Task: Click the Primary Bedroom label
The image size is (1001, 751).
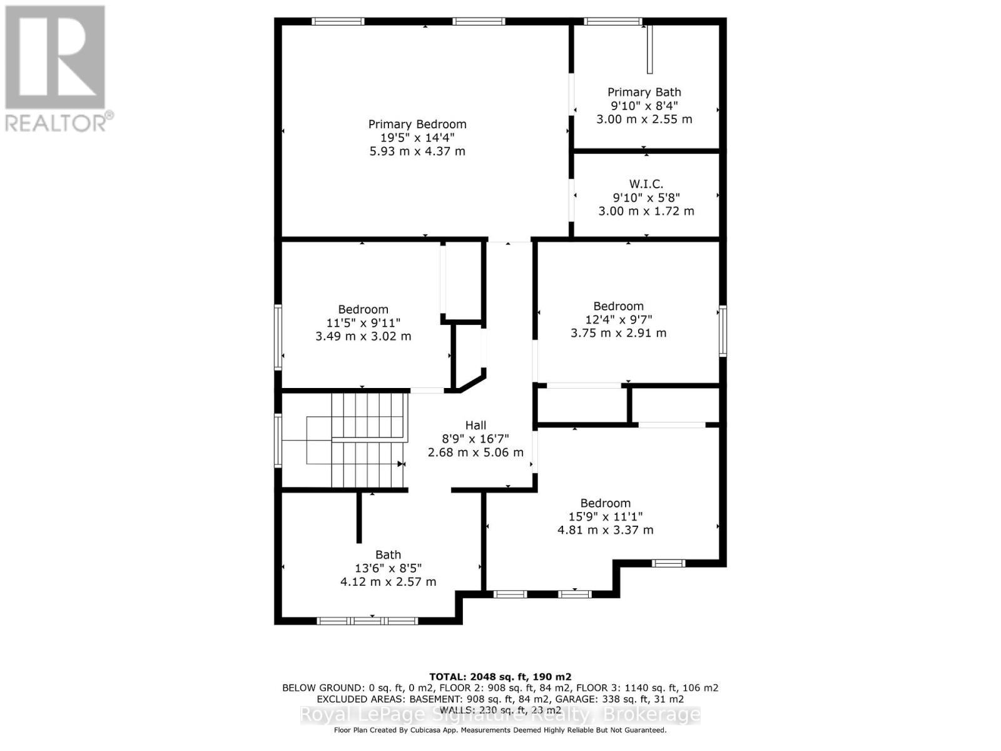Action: coord(417,124)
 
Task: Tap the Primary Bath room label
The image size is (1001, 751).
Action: coord(644,92)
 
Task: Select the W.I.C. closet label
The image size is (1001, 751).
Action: coord(646,183)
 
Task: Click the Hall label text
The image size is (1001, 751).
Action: coord(475,426)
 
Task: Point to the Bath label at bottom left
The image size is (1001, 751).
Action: coord(388,554)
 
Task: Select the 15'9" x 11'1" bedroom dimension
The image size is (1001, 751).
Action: coord(605,516)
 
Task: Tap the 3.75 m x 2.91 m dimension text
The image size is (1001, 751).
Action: coord(618,333)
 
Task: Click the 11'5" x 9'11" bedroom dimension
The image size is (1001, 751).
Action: coord(363,322)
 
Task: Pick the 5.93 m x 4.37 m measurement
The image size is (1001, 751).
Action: coord(417,151)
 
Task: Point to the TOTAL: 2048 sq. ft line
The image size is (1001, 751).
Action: coord(500,677)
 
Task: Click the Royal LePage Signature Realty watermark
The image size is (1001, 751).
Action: coord(500,715)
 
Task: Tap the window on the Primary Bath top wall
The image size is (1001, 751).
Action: coord(612,22)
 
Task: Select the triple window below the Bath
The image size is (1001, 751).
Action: coord(367,621)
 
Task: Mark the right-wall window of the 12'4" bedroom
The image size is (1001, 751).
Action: coord(723,330)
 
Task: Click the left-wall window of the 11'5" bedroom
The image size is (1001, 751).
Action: coord(278,337)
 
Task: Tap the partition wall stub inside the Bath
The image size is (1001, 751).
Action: coord(359,517)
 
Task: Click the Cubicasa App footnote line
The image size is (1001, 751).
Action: coord(500,730)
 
